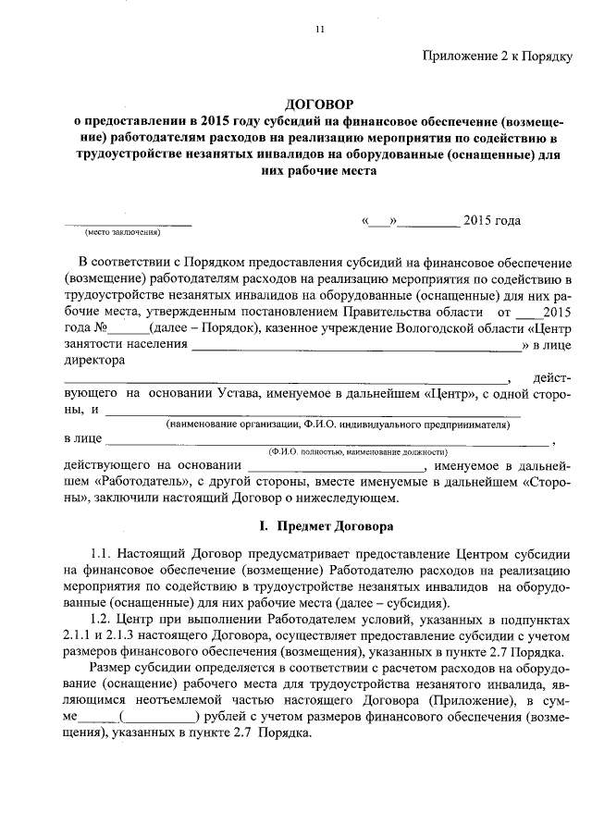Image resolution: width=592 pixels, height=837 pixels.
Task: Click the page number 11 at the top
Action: (319, 30)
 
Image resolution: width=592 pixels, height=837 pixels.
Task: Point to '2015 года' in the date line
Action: (491, 220)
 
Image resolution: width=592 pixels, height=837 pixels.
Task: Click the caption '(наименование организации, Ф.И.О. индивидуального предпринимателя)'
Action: (338, 425)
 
